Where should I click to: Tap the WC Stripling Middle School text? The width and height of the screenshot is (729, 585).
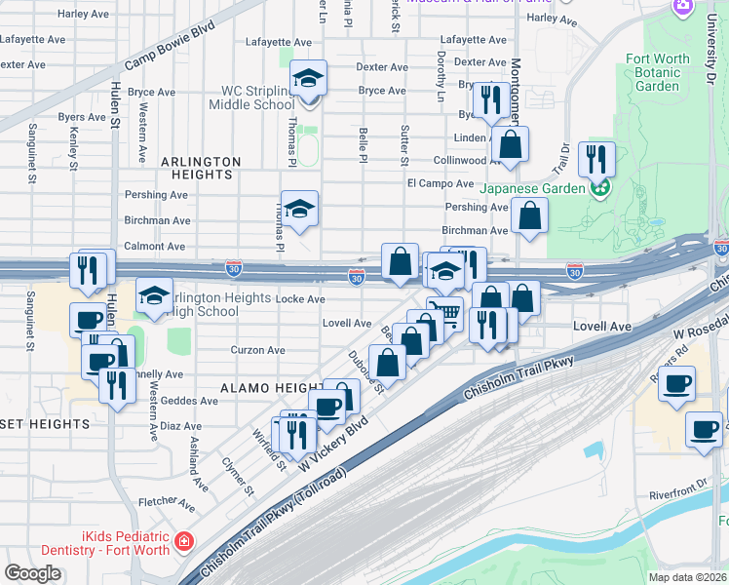[x=257, y=97]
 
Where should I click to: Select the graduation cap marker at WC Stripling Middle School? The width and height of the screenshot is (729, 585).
[x=309, y=79]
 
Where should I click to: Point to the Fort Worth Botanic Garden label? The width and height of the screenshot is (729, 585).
[x=656, y=72]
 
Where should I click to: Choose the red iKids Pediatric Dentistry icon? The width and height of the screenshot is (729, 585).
[x=183, y=541]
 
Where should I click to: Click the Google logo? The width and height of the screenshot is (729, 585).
[x=32, y=573]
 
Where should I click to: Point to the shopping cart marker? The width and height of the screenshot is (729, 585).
[x=444, y=312]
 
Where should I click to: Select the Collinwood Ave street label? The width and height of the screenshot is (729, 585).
[x=458, y=160]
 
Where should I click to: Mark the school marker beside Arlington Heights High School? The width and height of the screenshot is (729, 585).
[x=154, y=296]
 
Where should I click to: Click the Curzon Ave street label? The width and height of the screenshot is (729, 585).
[x=257, y=350]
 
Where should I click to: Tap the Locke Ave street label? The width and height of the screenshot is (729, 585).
[x=301, y=299]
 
